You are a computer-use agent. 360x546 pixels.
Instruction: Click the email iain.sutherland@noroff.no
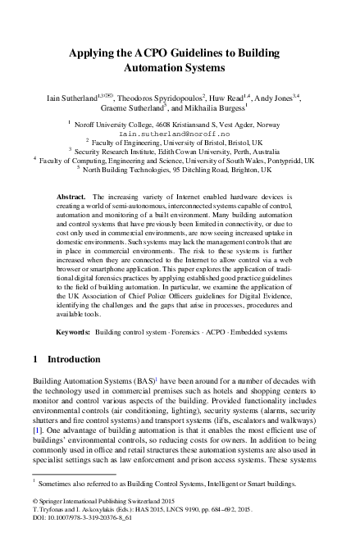180,130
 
